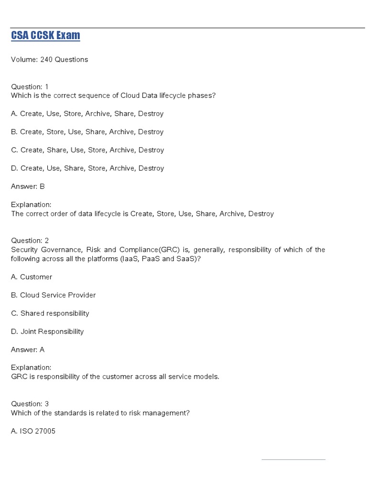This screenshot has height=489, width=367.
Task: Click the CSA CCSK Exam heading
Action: tap(45, 35)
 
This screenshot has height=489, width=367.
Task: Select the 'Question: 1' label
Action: tap(30, 87)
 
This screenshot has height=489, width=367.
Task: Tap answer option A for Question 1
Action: tap(87, 114)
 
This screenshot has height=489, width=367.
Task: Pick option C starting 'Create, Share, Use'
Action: tap(87, 150)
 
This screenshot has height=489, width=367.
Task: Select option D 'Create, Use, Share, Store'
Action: tap(87, 168)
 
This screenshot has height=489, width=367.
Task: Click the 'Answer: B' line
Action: tap(28, 186)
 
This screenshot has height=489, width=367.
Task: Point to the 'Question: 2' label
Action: tap(30, 241)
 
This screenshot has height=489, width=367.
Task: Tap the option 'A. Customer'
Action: tap(32, 277)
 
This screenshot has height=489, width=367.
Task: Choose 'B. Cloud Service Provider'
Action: tap(53, 295)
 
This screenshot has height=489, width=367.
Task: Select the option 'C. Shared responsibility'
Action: tap(50, 313)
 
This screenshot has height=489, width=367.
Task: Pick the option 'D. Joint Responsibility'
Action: tap(47, 331)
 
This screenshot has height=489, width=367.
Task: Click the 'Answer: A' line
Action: tap(28, 350)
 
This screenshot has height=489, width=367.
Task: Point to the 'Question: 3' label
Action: tap(30, 404)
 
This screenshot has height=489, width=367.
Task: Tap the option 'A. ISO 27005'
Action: tap(33, 431)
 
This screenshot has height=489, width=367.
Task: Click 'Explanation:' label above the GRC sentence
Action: tap(31, 368)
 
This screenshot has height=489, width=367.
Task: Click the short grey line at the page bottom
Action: tap(293, 460)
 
